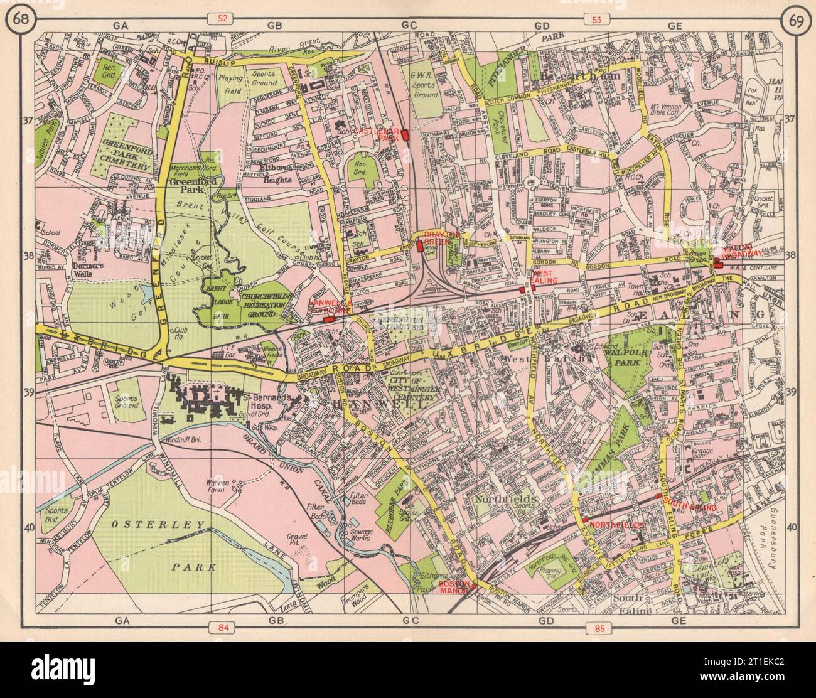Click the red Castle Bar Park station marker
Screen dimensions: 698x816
point(405,134)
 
